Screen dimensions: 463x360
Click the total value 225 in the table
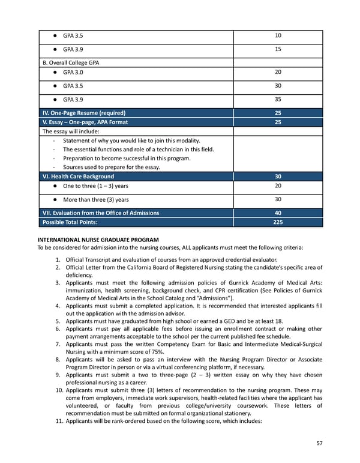tap(277, 222)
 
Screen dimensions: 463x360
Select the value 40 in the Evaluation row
tap(277, 213)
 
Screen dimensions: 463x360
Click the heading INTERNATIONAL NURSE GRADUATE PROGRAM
tap(98, 240)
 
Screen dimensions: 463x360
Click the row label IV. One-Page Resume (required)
tap(83, 113)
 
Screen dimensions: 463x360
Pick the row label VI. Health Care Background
tap(78, 177)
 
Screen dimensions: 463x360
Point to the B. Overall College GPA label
tap(70, 62)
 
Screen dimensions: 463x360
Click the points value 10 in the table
tap(277, 35)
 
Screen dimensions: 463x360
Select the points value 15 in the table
tap(277, 49)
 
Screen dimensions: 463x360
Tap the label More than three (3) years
tap(95, 200)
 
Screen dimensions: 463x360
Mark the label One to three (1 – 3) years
tap(95, 186)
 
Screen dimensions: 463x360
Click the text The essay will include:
tap(71, 132)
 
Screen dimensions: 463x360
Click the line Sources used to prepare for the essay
tap(112, 168)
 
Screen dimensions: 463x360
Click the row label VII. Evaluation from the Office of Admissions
tap(101, 213)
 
